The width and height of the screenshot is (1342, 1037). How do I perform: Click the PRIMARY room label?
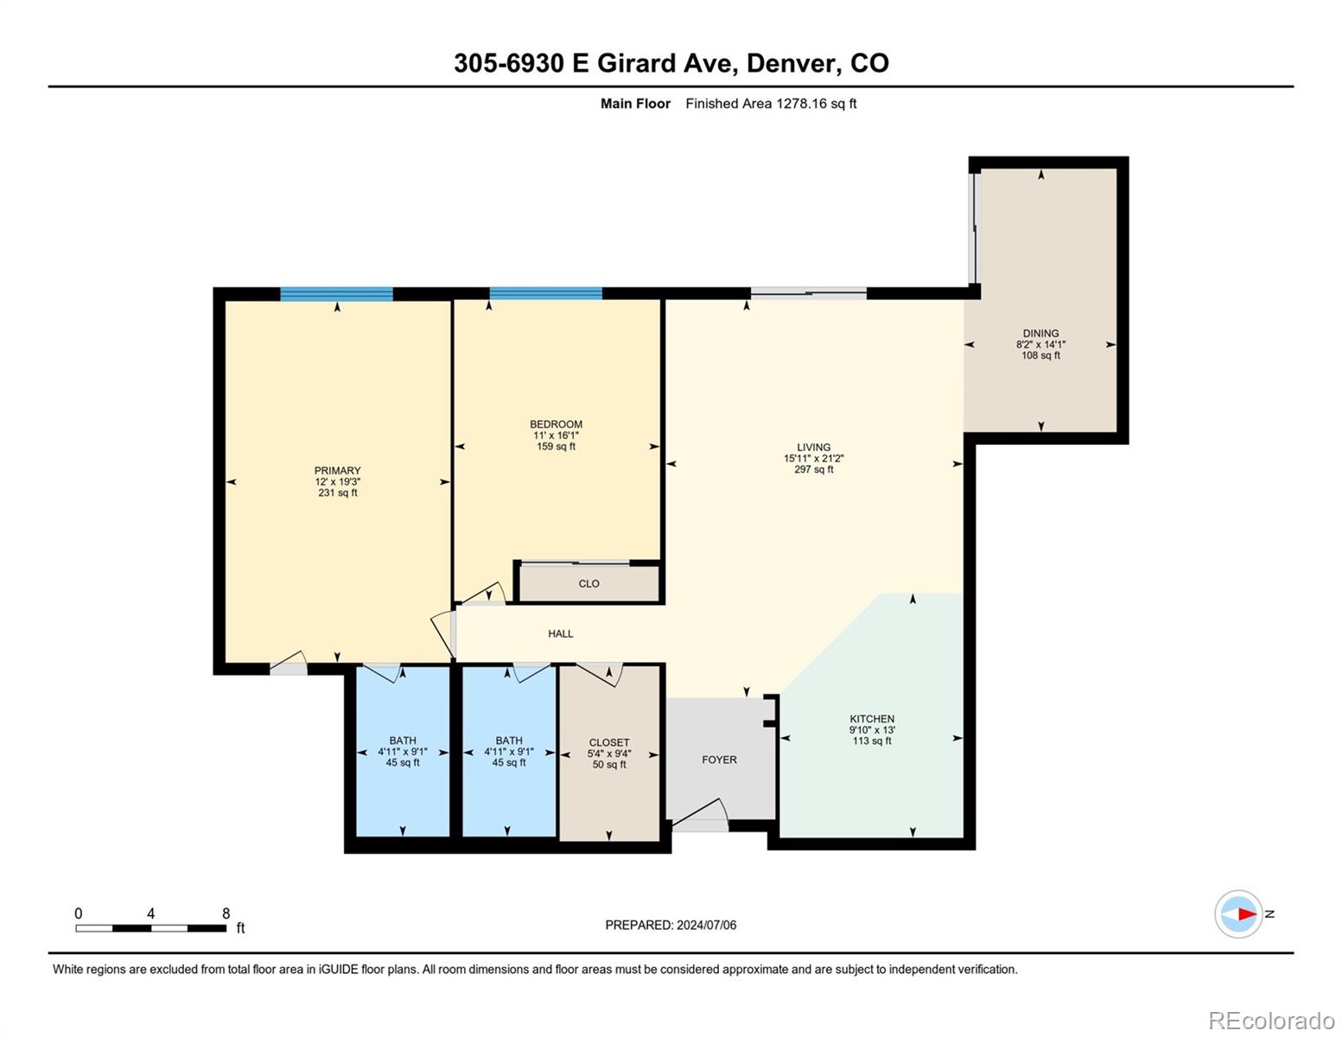pos(337,470)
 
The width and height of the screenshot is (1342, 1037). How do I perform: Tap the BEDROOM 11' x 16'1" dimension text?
pos(556,436)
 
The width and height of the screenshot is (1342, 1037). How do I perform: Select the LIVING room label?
pos(813,447)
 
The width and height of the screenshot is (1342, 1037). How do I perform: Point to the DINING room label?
pos(1040,334)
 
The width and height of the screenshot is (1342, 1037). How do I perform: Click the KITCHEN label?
pos(872,719)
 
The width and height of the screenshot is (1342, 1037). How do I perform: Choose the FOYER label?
pos(719,760)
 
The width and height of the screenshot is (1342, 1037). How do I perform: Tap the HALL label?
pos(560,633)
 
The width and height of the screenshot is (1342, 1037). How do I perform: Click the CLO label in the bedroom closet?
pos(588,583)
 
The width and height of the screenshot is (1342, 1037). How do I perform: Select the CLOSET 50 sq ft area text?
pos(609,765)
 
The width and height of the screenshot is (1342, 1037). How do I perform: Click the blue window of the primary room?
pos(337,294)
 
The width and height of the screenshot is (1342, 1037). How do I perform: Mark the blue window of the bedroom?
pos(546,293)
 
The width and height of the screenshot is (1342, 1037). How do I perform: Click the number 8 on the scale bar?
pos(226,913)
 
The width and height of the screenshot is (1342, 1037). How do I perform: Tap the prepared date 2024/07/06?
pos(706,926)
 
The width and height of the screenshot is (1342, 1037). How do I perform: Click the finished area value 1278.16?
pos(801,104)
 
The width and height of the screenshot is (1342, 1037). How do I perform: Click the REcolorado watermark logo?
pos(1272,1020)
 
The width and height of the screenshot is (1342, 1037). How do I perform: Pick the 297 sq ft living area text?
pos(813,469)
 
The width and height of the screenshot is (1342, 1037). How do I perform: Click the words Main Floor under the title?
pos(635,104)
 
